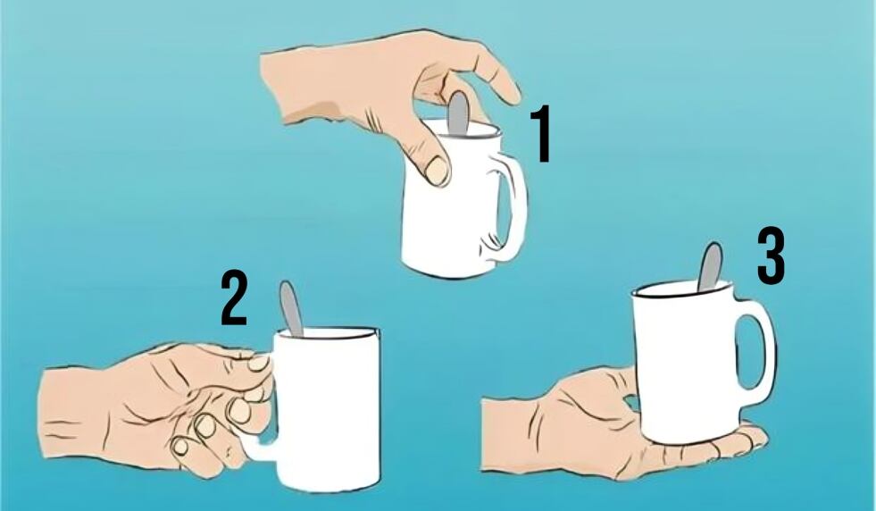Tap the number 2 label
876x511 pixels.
pyautogui.click(x=233, y=299)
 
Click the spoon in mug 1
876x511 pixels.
pyautogui.click(x=458, y=113)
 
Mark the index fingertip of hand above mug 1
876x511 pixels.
pyautogui.click(x=513, y=92)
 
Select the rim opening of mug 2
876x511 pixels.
pyautogui.click(x=329, y=333)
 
